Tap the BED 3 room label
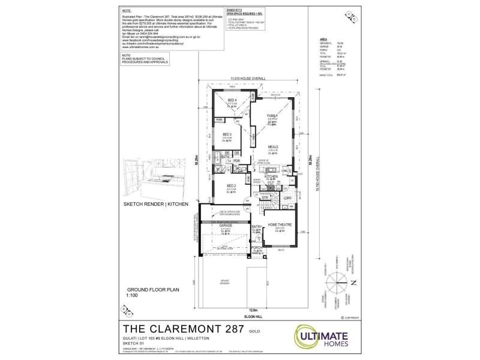(227, 134)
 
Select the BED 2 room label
(231, 186)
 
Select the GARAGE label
(225, 226)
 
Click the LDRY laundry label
(287, 198)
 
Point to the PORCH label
(256, 248)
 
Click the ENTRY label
(256, 226)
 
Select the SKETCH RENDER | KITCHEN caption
(155, 204)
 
